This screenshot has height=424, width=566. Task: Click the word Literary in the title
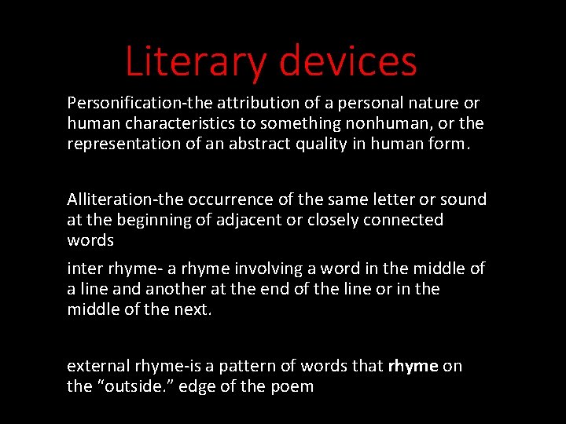pos(196,61)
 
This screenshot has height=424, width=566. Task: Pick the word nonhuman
pos(402,124)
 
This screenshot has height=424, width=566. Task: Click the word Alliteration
pos(105,199)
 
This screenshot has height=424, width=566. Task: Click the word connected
pos(403,220)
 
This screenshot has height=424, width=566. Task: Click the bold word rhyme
pos(413,366)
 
